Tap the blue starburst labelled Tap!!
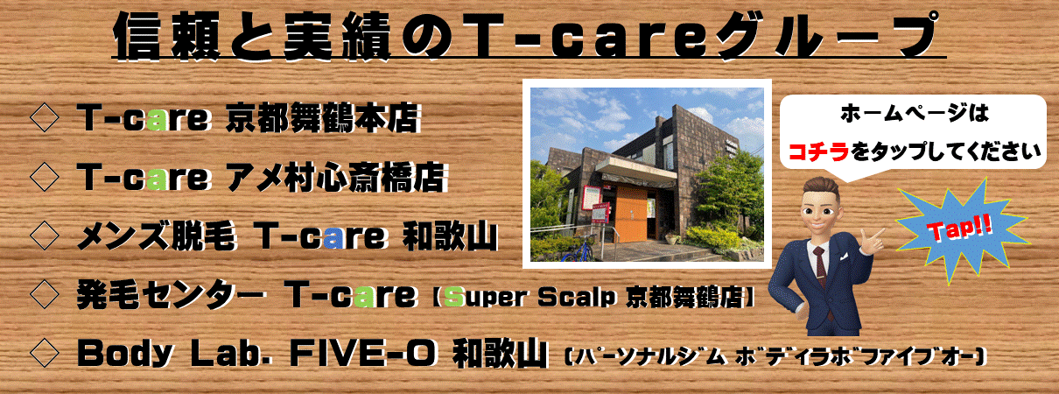pos(962,231)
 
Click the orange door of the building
pos(631,214)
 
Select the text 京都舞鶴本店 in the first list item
pos(323,118)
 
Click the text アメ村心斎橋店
pos(336,177)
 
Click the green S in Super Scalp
pos(453,297)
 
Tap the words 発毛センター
pos(170,295)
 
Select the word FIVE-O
pos(361,354)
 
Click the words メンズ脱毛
pos(157,236)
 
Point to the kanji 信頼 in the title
pos(167,37)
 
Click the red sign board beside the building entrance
pos(600,213)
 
